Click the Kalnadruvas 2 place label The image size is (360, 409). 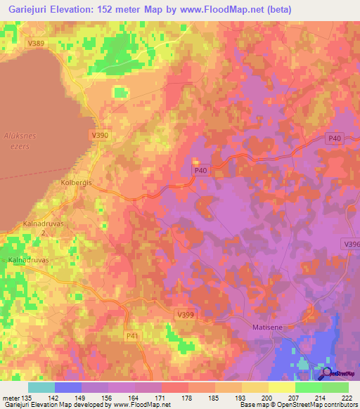click(39, 227)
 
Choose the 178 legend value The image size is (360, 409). click(187, 397)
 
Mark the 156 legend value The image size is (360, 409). click(107, 397)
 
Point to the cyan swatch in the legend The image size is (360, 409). click(41, 387)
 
